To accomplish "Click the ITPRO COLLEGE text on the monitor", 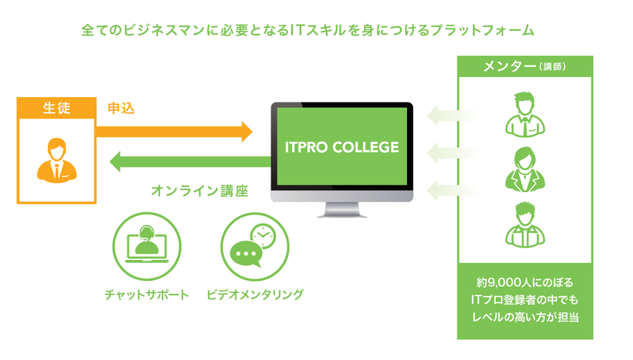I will pyautogui.click(x=341, y=146).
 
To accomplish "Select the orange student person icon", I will pyautogui.click(x=57, y=160).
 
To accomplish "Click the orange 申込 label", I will pyautogui.click(x=121, y=108).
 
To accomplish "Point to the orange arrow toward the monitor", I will pyautogui.click(x=173, y=132).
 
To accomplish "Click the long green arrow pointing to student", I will pyautogui.click(x=188, y=161).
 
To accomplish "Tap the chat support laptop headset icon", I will pyautogui.click(x=147, y=246).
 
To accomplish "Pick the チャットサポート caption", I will pyautogui.click(x=147, y=294).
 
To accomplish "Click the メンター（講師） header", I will pyautogui.click(x=525, y=66).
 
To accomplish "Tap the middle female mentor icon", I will pyautogui.click(x=525, y=169).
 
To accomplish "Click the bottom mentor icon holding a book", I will pyautogui.click(x=525, y=225).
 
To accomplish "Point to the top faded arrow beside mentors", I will pyautogui.click(x=443, y=117).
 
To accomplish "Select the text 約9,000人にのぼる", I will pyautogui.click(x=525, y=283).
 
